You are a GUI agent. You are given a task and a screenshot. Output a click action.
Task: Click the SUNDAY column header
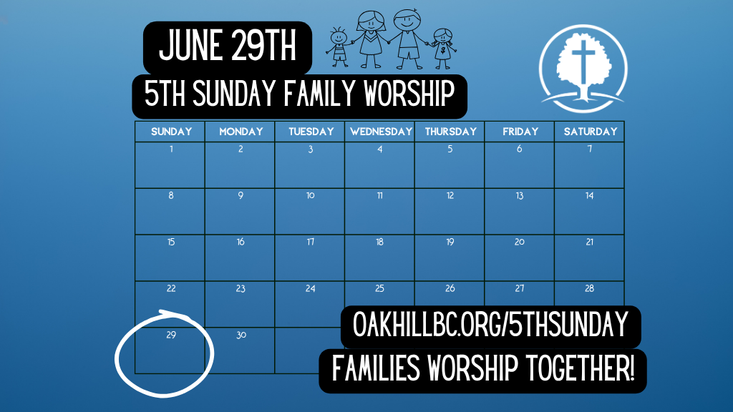tap(171, 132)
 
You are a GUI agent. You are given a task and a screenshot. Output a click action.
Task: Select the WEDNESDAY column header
tap(381, 132)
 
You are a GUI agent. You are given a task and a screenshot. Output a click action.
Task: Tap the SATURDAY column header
tap(591, 132)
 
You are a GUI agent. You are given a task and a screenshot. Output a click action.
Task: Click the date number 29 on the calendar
tap(171, 335)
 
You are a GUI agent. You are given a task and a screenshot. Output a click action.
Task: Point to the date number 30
tap(241, 335)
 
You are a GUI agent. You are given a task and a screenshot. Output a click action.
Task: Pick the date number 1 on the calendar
tap(171, 149)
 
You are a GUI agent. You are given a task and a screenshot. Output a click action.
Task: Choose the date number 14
tap(590, 196)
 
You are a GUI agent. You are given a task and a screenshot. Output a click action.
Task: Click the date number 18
tap(379, 242)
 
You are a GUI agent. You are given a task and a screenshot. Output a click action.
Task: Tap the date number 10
tap(311, 196)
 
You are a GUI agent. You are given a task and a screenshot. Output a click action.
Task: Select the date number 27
tap(520, 289)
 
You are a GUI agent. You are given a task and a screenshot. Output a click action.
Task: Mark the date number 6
tap(520, 149)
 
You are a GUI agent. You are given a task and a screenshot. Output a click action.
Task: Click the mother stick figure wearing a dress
tap(372, 40)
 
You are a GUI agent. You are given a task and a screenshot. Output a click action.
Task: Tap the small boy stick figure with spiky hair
tap(339, 47)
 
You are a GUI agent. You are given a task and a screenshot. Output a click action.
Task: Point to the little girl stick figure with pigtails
tap(442, 49)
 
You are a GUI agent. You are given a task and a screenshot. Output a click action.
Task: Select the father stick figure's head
tap(407, 20)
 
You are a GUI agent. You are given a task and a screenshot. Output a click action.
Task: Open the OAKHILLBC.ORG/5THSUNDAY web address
tap(490, 325)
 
